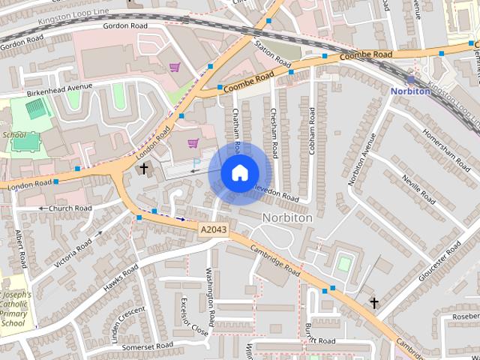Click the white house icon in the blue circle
pyautogui.click(x=239, y=173)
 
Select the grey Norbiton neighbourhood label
pyautogui.click(x=287, y=217)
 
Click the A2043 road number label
pyautogui.click(x=214, y=229)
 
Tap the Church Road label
pyautogui.click(x=70, y=208)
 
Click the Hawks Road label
pyautogui.click(x=121, y=277)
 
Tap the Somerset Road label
pyautogui.click(x=148, y=345)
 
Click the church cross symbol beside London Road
pyautogui.click(x=144, y=169)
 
